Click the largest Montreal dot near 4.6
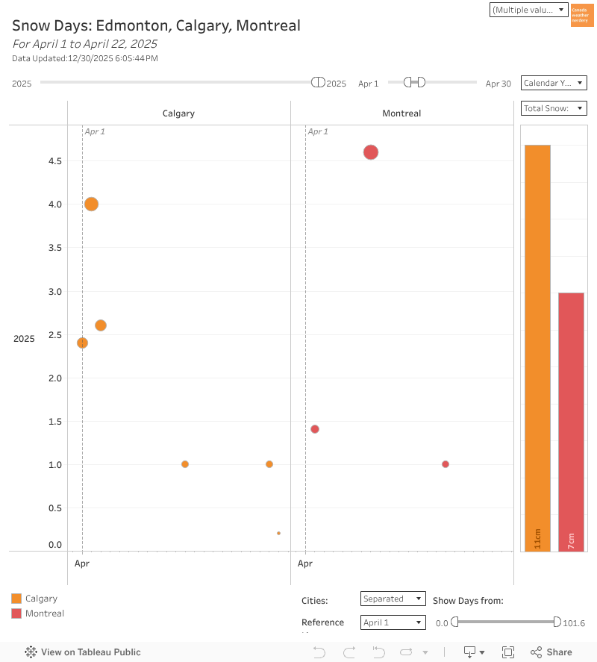point(371,152)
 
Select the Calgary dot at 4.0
point(91,204)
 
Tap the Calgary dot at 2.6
point(101,325)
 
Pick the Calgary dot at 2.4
point(82,343)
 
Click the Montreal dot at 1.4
point(315,429)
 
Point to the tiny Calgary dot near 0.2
point(278,533)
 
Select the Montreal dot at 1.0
point(446,464)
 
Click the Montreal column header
point(401,113)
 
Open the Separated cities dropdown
point(393,599)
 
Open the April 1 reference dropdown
point(393,622)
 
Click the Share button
point(551,652)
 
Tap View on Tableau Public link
point(83,652)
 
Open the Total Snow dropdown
point(554,108)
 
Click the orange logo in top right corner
point(581,15)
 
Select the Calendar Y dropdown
point(554,83)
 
